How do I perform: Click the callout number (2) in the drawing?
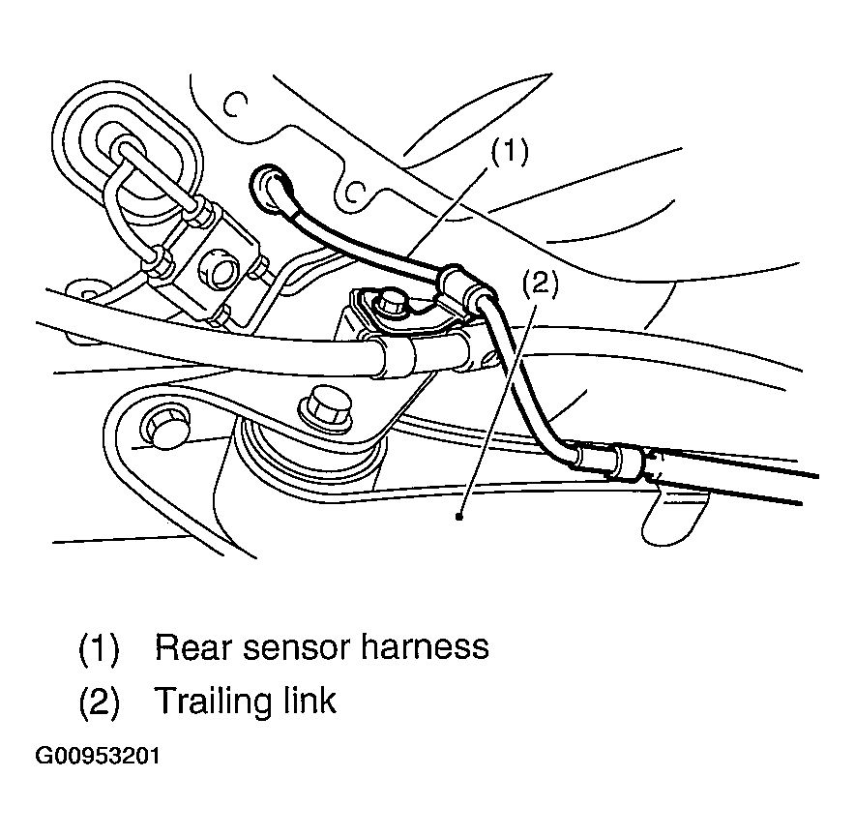(x=541, y=284)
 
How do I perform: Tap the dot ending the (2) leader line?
(x=459, y=516)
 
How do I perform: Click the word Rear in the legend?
(x=195, y=647)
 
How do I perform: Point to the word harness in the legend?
(x=425, y=647)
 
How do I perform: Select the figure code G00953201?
(x=98, y=757)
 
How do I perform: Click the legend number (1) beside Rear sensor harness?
(x=99, y=649)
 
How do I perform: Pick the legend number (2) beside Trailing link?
(x=99, y=702)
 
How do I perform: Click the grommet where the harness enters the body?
(x=269, y=189)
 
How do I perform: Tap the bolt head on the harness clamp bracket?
(x=391, y=303)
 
